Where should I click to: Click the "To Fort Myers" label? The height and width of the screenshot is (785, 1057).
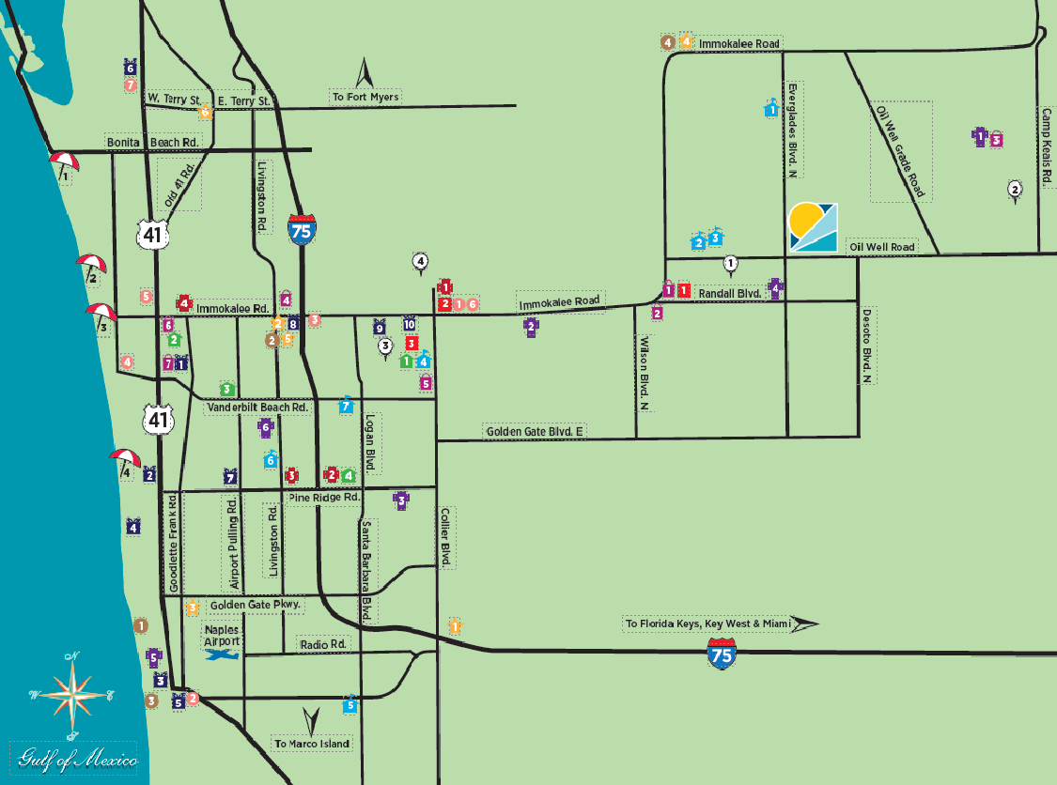pos(365,97)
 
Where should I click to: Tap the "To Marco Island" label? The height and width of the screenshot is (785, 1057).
pos(313,744)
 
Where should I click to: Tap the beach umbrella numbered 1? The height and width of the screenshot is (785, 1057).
pos(64,165)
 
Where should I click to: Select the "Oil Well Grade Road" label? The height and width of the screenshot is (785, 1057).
pos(900,151)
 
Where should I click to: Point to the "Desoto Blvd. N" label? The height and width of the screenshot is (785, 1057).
pos(867,346)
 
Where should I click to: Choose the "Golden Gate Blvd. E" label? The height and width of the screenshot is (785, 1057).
pos(535,431)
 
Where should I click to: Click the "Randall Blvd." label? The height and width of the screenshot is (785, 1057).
pos(728,293)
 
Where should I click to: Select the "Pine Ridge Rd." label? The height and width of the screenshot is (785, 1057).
pos(325,498)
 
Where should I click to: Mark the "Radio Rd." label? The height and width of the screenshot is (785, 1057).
pos(323,644)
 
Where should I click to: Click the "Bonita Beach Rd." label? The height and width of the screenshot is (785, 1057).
pos(154,142)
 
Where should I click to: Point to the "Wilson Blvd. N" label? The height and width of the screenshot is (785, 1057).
pos(645,374)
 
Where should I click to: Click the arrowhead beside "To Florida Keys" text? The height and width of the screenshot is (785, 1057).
pos(804,623)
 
